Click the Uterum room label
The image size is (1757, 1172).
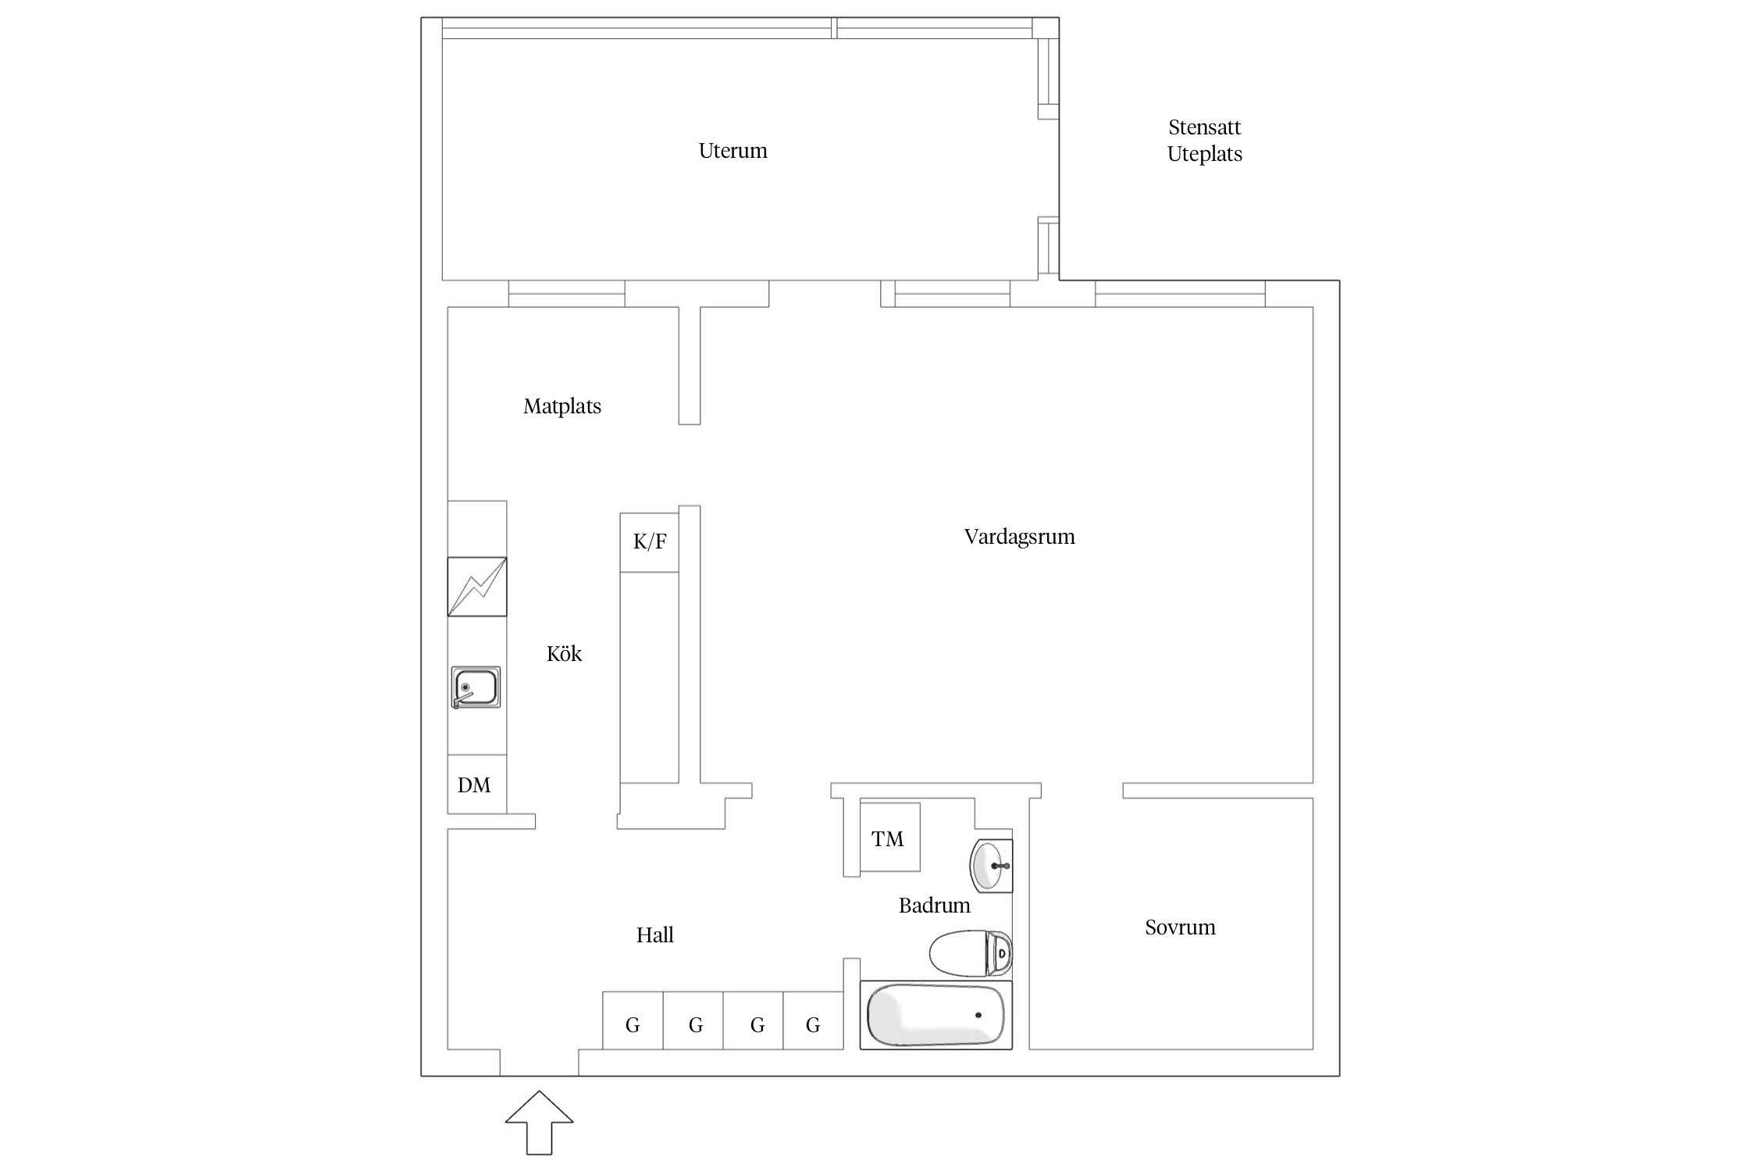[x=732, y=150]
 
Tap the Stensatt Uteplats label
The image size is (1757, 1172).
[x=1204, y=141]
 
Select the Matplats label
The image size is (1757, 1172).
[x=562, y=406]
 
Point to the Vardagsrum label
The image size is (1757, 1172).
[x=1019, y=537]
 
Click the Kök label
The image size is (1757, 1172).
[x=564, y=653]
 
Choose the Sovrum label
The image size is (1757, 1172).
[x=1180, y=927]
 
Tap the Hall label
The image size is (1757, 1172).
[x=654, y=934]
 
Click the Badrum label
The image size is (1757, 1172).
[x=934, y=906]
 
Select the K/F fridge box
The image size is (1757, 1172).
[x=649, y=542]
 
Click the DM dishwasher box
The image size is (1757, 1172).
[x=477, y=784]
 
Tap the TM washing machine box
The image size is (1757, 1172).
[x=889, y=837]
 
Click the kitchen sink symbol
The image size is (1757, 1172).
[x=476, y=688]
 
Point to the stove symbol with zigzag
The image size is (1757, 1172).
[x=477, y=587]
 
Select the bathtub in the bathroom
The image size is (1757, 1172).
[x=936, y=1015]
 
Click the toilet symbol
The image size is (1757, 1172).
[x=971, y=953]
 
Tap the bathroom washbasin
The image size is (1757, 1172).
[x=991, y=866]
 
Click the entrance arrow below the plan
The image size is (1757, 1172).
[x=540, y=1123]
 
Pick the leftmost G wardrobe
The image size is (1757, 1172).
[x=633, y=1020]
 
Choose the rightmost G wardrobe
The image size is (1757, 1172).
[x=813, y=1020]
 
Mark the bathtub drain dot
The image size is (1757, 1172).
[x=978, y=1015]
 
